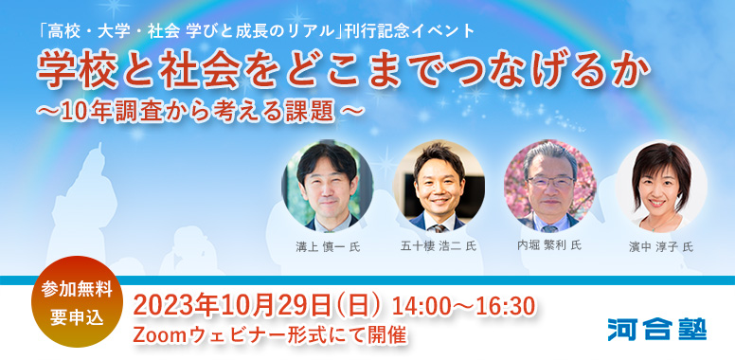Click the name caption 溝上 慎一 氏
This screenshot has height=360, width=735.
tap(328, 246)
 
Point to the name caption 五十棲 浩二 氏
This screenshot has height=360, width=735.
tap(439, 246)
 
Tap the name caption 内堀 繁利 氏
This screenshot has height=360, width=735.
tap(549, 245)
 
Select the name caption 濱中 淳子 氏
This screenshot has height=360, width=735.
tap(661, 246)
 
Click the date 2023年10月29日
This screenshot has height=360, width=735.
tap(233, 305)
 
